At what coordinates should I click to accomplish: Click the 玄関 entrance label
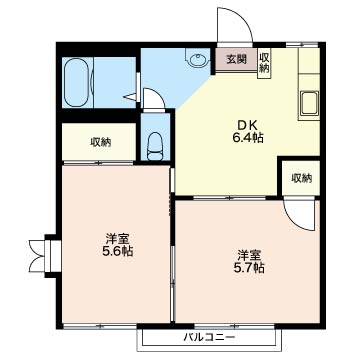click(x=237, y=59)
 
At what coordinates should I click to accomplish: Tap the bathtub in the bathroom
click(x=77, y=82)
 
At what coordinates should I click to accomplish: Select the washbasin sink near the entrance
click(x=197, y=59)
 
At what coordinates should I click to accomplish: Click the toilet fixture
click(x=155, y=147)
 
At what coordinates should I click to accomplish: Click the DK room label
click(x=247, y=126)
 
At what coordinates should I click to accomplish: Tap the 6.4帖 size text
click(x=248, y=137)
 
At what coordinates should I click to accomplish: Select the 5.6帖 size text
click(x=118, y=251)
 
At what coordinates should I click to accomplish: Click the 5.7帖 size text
click(x=249, y=267)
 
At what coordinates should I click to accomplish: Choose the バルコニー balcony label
click(x=209, y=337)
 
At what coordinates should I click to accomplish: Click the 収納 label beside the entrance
click(x=264, y=63)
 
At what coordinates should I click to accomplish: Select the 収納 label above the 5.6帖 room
click(x=100, y=142)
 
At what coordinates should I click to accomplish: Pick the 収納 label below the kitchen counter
click(x=302, y=178)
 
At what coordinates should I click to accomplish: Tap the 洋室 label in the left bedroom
click(x=118, y=239)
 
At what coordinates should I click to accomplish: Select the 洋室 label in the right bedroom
click(x=249, y=256)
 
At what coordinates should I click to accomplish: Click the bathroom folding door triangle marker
click(x=131, y=97)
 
